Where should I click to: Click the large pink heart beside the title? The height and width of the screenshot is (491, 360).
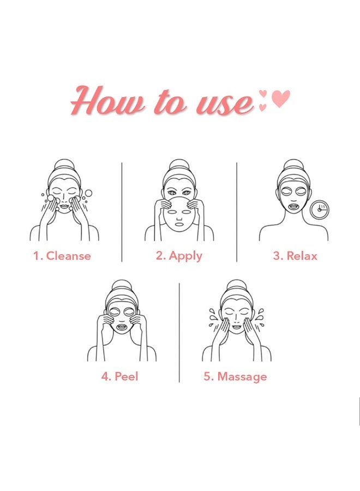281,99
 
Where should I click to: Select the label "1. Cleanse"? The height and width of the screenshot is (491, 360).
62,256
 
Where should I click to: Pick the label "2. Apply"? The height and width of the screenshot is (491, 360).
179,256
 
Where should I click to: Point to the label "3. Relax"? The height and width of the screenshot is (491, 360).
295,256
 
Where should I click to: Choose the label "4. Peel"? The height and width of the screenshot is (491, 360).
119,376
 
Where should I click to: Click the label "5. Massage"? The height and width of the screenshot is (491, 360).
235,376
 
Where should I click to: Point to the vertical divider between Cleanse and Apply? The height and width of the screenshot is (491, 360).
122,212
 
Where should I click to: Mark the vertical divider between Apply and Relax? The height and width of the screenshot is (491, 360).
237,212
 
